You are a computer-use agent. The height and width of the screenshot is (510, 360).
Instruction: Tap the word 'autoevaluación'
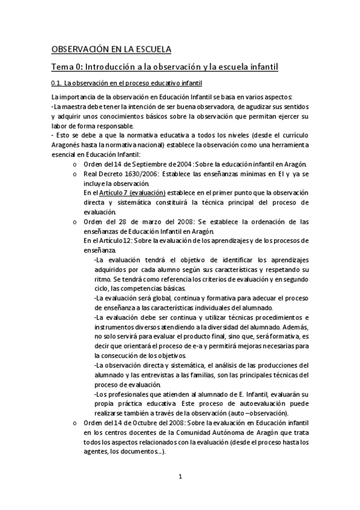coord(248,404)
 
